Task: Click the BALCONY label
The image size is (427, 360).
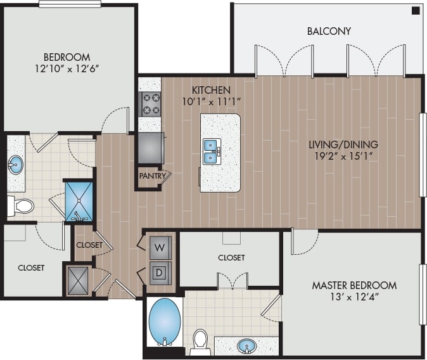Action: pyautogui.click(x=329, y=31)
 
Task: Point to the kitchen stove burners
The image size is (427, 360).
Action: pyautogui.click(x=150, y=104)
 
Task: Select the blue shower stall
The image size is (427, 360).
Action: pyautogui.click(x=80, y=200)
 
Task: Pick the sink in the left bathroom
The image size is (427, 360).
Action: pyautogui.click(x=15, y=166)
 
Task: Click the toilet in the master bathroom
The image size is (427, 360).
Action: pyautogui.click(x=201, y=339)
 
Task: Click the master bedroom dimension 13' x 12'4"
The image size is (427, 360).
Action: pyautogui.click(x=354, y=297)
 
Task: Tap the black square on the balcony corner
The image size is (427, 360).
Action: pyautogui.click(x=416, y=11)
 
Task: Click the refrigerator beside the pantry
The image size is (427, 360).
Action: pyautogui.click(x=151, y=148)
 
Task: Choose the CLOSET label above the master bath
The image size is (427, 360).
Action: pyautogui.click(x=231, y=258)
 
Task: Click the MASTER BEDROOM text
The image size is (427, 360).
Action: pyautogui.click(x=354, y=285)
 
